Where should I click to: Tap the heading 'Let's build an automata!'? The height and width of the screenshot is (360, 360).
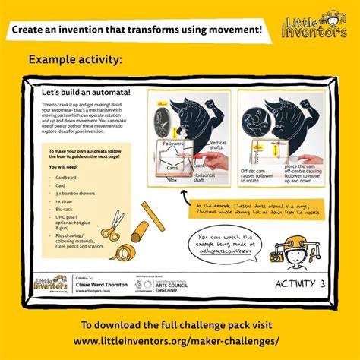point(86,92)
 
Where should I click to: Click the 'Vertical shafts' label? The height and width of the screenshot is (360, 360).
point(217,146)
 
